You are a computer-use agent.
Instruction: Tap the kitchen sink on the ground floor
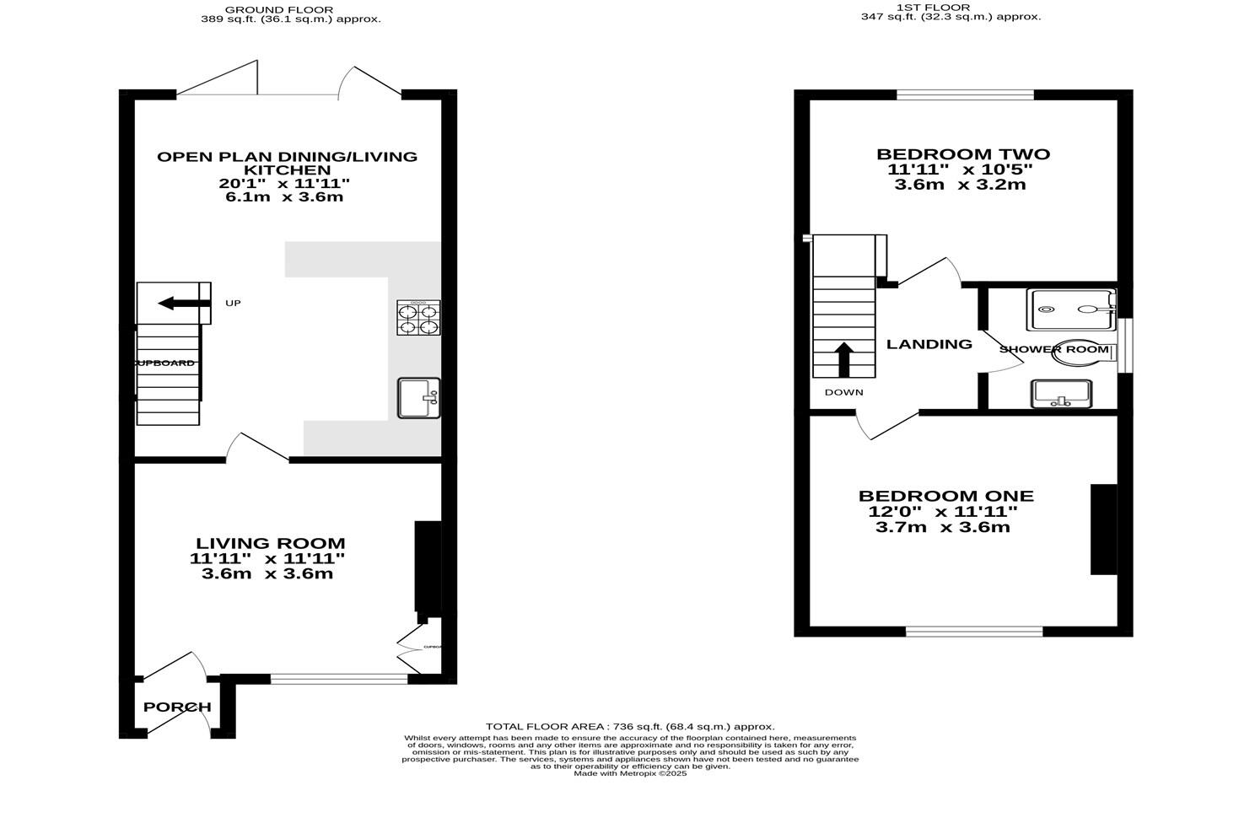point(419,398)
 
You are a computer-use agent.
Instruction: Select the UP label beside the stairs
point(233,303)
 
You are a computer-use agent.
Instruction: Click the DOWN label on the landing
point(844,392)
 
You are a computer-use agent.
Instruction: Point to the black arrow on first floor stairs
point(843,358)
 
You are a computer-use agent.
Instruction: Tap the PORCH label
point(177,707)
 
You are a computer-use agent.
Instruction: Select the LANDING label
point(929,344)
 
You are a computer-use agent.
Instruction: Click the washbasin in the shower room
point(1061,394)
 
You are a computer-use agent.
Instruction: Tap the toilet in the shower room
point(1081,352)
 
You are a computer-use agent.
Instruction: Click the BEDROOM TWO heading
point(962,154)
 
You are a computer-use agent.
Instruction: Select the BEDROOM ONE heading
point(945,497)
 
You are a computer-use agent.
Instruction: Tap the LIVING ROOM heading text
point(271,544)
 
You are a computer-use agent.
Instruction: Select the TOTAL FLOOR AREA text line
point(629,726)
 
